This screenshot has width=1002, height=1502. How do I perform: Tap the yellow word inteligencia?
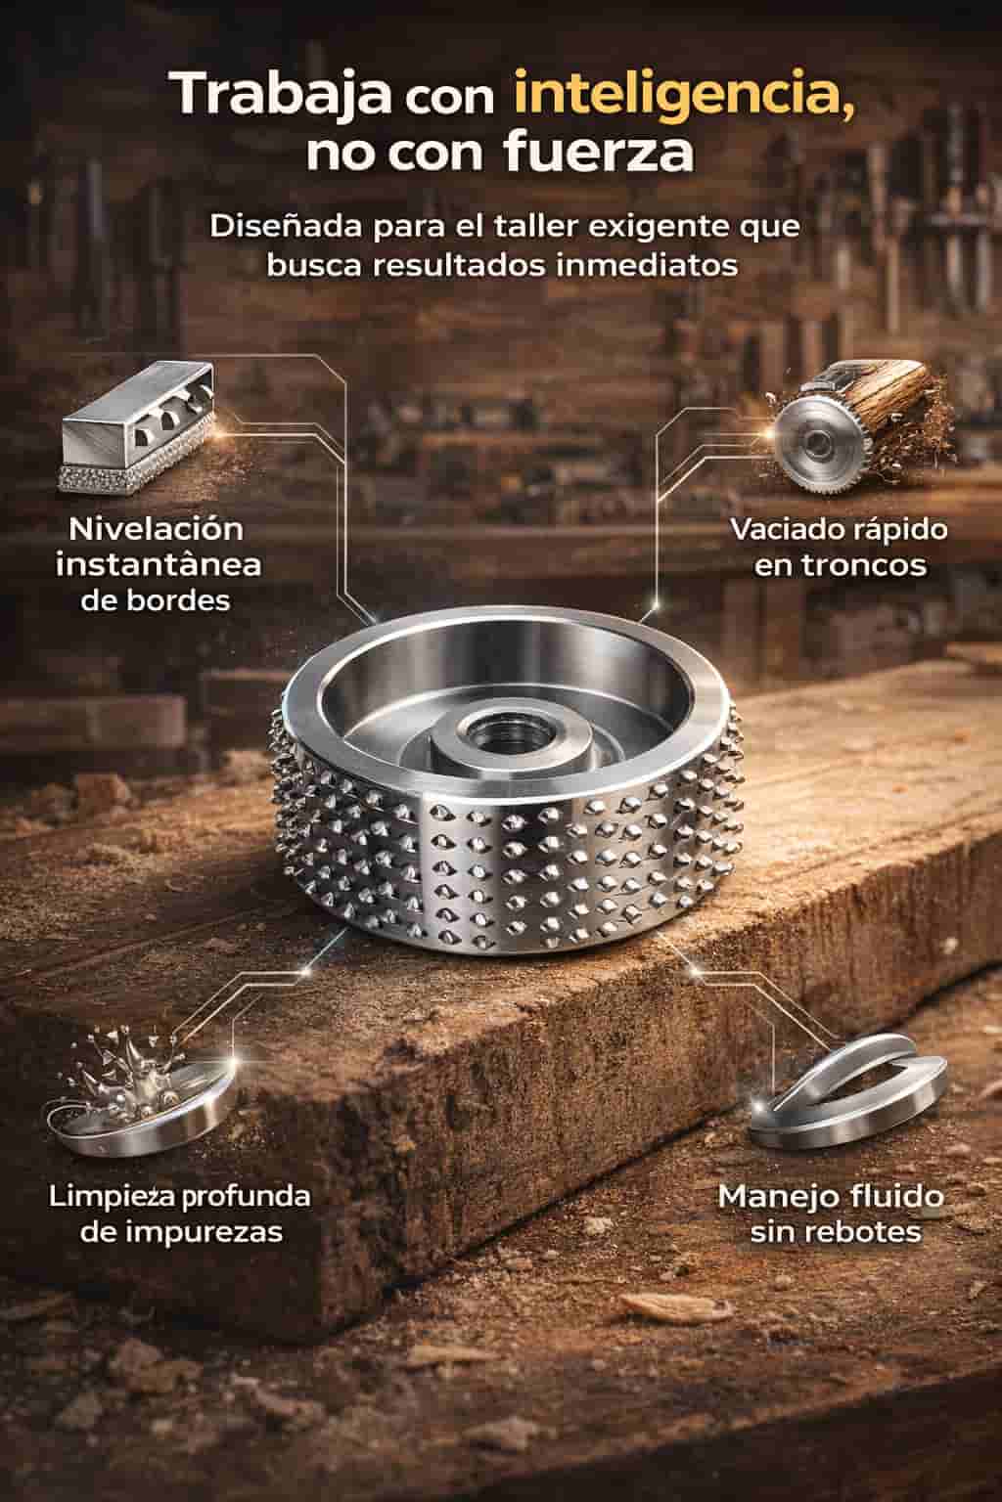pos(685,95)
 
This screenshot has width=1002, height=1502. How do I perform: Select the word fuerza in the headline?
pos(599,153)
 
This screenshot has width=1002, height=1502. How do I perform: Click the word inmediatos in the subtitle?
pos(647,265)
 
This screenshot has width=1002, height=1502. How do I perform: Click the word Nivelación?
pos(156,530)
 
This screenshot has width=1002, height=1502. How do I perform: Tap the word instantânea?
pos(159,564)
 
